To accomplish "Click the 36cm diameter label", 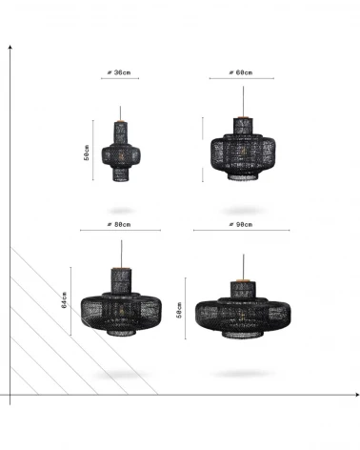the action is pos(119,72).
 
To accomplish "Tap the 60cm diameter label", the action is pos(241,72).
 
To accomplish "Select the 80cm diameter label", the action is pos(119,224).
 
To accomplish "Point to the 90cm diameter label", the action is pos(241,224).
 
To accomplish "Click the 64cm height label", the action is pos(64,300).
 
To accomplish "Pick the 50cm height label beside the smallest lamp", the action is pos(87,153).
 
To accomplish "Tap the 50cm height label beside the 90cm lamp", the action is pos(179,310).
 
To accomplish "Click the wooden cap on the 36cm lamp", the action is pos(120,121).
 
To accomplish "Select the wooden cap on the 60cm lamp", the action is pos(244,117).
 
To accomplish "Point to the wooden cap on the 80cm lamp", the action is pos(121,269).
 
